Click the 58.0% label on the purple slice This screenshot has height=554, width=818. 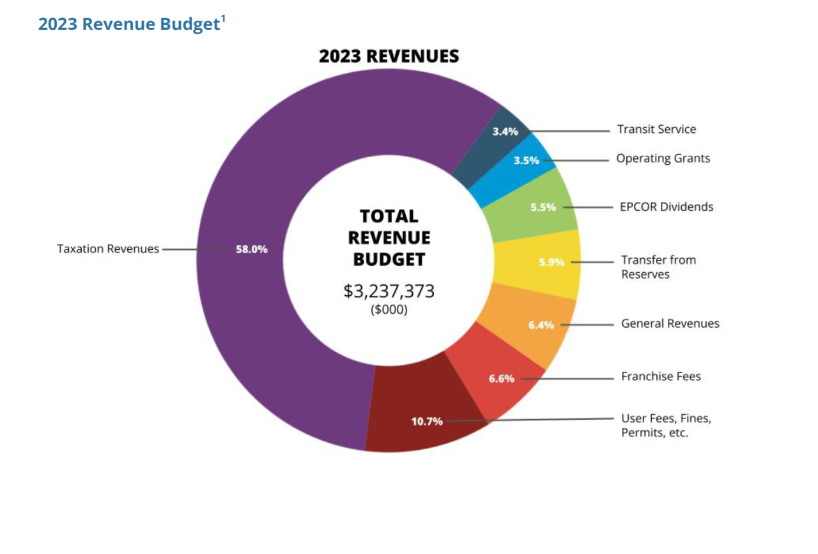pyautogui.click(x=252, y=249)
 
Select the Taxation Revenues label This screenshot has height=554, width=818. pyautogui.click(x=108, y=249)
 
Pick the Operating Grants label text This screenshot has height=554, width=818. pyautogui.click(x=663, y=158)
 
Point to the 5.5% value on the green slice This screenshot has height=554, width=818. pyautogui.click(x=543, y=207)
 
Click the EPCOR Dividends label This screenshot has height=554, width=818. pyautogui.click(x=667, y=207)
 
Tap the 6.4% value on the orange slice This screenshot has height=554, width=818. pyautogui.click(x=541, y=325)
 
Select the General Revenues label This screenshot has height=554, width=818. pyautogui.click(x=670, y=324)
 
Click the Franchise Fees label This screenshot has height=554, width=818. pyautogui.click(x=661, y=376)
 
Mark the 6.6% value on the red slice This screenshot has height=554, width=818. pyautogui.click(x=502, y=378)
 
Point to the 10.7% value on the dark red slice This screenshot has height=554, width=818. pyautogui.click(x=427, y=422)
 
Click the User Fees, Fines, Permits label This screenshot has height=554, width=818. pyautogui.click(x=666, y=426)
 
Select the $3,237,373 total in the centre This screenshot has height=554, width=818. pyautogui.click(x=389, y=291)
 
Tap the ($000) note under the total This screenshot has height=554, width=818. pyautogui.click(x=389, y=310)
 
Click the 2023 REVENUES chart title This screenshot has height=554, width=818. pyautogui.click(x=389, y=56)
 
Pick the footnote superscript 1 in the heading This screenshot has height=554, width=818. pyautogui.click(x=223, y=19)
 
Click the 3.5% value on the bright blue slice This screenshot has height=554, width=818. pyautogui.click(x=527, y=160)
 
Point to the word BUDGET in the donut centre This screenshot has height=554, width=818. pyautogui.click(x=389, y=259)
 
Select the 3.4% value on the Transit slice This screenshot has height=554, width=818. pyautogui.click(x=505, y=132)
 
